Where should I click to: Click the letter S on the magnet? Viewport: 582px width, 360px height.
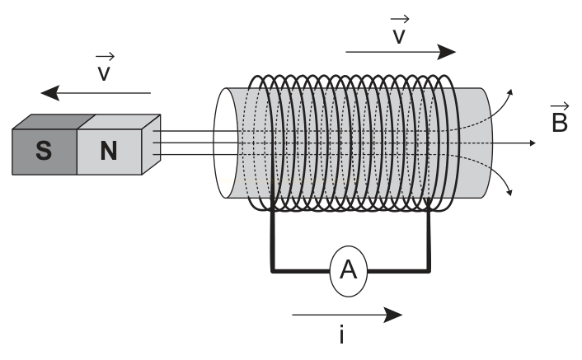point(44,151)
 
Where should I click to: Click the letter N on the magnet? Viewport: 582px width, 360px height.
point(109,151)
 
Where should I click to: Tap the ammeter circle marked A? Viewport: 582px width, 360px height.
point(349,271)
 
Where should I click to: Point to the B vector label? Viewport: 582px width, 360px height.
point(560,118)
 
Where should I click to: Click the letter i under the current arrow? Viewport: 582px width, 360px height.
point(341,334)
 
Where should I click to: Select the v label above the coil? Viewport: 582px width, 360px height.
point(399,30)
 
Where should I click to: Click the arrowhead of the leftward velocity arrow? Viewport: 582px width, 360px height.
point(49,93)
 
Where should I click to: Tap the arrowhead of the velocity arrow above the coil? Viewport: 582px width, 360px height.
point(446,52)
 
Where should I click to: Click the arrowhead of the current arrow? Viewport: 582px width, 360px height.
point(393,316)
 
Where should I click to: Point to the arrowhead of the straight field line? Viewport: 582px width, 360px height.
point(533,143)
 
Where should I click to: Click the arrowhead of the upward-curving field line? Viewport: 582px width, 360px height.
point(510,92)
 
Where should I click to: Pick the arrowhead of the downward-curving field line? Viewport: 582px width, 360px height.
point(509,193)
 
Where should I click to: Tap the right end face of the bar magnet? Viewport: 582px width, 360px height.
point(151,144)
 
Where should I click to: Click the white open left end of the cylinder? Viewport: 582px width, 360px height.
point(225,143)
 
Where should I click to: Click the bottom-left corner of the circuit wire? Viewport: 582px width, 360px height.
point(272,271)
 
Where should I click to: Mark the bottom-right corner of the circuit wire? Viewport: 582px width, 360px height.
point(429,271)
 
